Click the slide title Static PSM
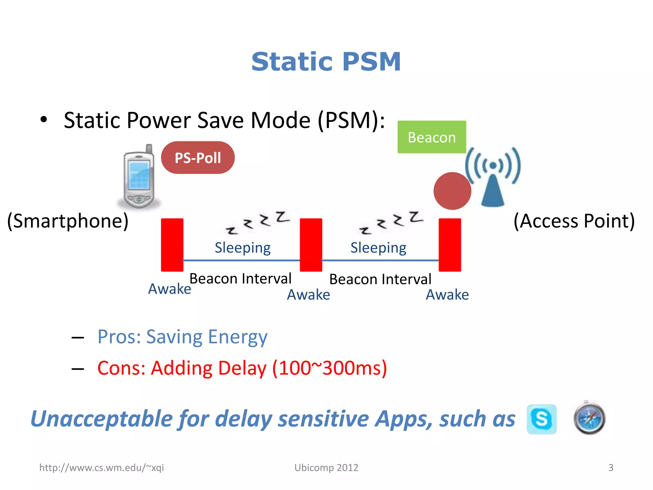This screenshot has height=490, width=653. click(326, 62)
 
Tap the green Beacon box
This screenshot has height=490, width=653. click(431, 137)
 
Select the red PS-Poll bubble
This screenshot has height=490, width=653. click(198, 158)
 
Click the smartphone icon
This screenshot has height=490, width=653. click(139, 177)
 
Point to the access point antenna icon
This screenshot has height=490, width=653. click(493, 177)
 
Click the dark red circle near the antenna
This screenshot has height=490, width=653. click(452, 191)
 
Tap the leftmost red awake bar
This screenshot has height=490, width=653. click(172, 245)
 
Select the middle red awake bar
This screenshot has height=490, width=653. click(311, 245)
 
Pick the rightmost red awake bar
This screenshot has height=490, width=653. click(450, 245)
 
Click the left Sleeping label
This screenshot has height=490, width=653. click(243, 248)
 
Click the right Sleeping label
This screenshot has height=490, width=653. click(378, 248)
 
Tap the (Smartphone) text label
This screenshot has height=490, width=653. click(68, 221)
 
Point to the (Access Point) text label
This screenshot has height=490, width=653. click(574, 221)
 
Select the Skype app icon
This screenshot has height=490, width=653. click(541, 419)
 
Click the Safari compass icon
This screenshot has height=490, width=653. click(589, 419)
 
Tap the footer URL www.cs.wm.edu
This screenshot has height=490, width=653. click(101, 468)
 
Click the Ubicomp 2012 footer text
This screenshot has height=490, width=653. click(326, 468)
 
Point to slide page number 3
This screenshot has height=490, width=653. click(611, 468)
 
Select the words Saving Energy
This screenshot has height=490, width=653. click(207, 337)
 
